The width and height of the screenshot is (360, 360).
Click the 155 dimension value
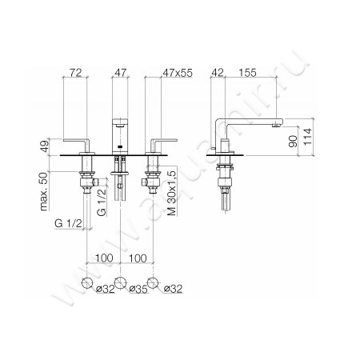pos(246,72)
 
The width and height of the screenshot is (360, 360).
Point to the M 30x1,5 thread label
pos(170,198)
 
